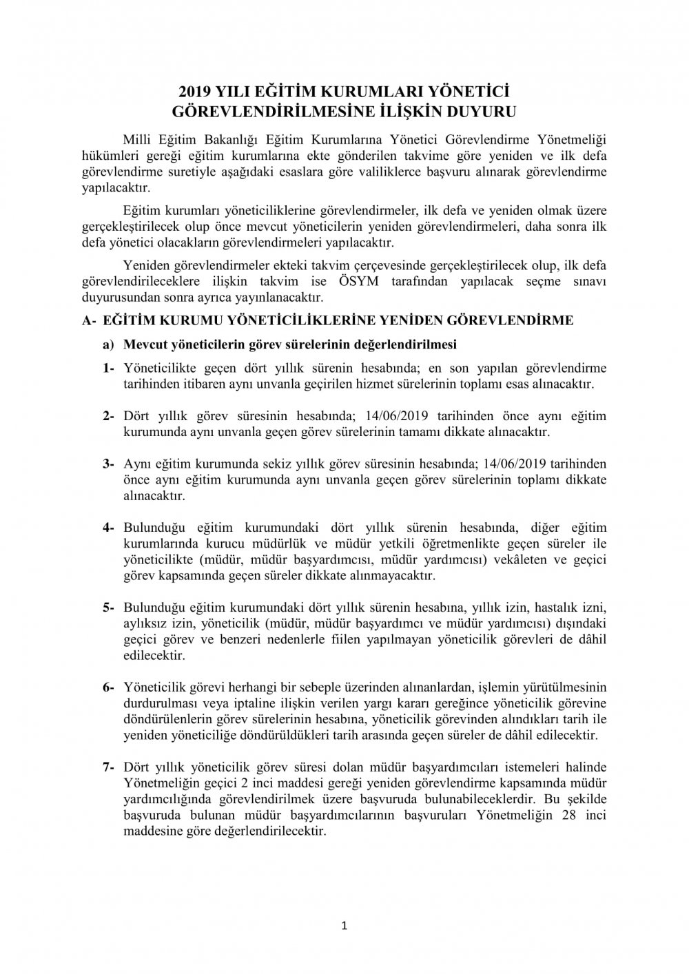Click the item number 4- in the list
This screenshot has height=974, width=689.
click(108, 528)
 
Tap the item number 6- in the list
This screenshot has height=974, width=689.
click(108, 687)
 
